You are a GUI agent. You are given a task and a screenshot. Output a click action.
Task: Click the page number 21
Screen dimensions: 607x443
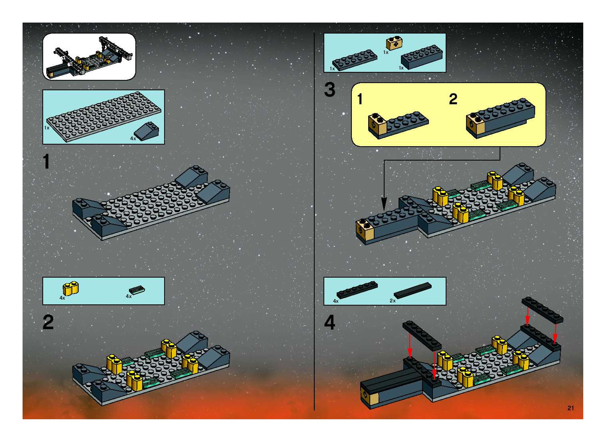tap(570, 408)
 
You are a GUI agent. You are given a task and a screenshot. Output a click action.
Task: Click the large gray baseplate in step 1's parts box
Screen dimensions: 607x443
tap(104, 116)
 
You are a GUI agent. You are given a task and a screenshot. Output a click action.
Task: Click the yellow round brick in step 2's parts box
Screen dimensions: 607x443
tap(71, 289)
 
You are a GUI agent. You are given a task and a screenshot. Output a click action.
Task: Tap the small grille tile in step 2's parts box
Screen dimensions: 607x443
tap(137, 290)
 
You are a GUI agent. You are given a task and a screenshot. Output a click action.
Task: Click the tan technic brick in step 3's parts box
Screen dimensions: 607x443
tap(394, 44)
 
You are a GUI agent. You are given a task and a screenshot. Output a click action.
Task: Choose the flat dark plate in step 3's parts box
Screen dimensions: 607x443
tap(355, 60)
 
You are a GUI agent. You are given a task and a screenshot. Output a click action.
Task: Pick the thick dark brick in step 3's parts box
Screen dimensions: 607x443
tap(422, 57)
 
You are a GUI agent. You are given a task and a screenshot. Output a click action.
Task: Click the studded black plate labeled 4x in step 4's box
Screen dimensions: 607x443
tap(357, 290)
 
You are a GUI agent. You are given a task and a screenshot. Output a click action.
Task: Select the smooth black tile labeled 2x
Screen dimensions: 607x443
tap(413, 290)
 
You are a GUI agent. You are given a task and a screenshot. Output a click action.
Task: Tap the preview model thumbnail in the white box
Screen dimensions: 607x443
tap(89, 56)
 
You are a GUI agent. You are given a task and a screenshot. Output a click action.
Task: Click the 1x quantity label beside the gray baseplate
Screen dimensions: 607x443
tap(47, 128)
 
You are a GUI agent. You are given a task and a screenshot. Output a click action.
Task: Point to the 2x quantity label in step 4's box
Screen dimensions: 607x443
tap(393, 301)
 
